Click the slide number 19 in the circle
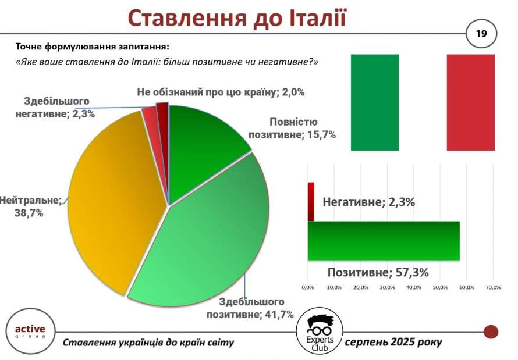tap(481, 34)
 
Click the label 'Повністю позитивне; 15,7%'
tap(292, 129)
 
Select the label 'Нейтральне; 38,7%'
tap(30, 206)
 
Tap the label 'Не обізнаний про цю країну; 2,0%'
tap(221, 92)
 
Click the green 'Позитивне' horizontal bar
tap(384, 241)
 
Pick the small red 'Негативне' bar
tap(311, 202)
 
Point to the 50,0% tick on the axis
tap(440, 287)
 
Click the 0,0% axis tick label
tap(307, 287)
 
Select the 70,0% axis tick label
tap(493, 287)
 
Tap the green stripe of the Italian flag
tap(375, 102)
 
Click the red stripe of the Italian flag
tap(471, 102)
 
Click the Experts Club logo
tap(319, 332)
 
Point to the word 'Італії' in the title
tap(318, 18)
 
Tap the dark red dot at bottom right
tap(491, 332)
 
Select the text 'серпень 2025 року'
tap(393, 342)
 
